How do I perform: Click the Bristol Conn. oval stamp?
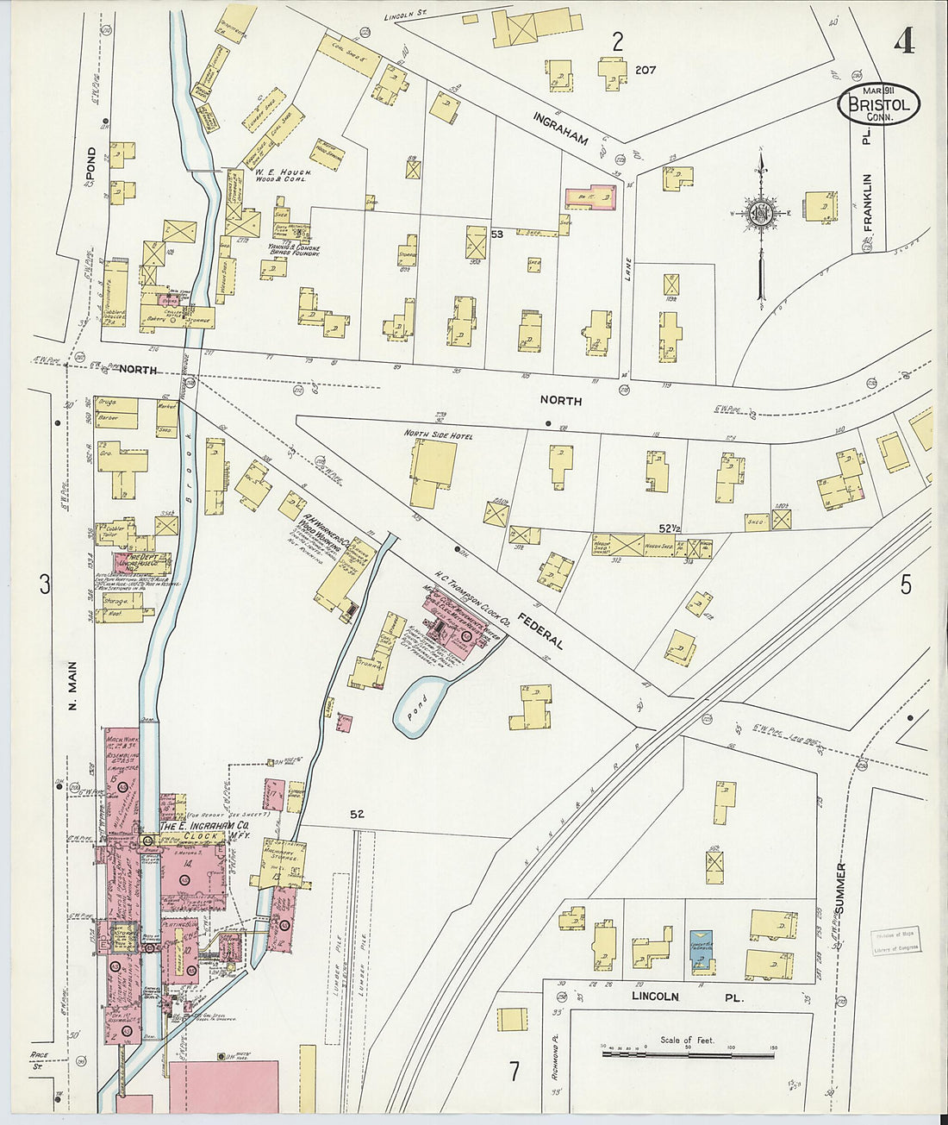(x=878, y=103)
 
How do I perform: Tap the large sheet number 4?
(x=903, y=41)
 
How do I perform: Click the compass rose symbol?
(x=760, y=212)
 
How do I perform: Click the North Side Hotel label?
(x=439, y=436)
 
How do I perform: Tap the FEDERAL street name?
(x=540, y=631)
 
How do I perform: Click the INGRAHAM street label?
(x=559, y=128)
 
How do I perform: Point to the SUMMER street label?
(x=840, y=889)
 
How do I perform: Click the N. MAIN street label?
(x=73, y=685)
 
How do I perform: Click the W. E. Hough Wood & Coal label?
(x=282, y=176)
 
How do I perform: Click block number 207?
(x=646, y=70)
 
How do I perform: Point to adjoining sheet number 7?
(x=514, y=1072)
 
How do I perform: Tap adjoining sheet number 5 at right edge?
(x=906, y=584)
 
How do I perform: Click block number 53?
(x=496, y=234)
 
